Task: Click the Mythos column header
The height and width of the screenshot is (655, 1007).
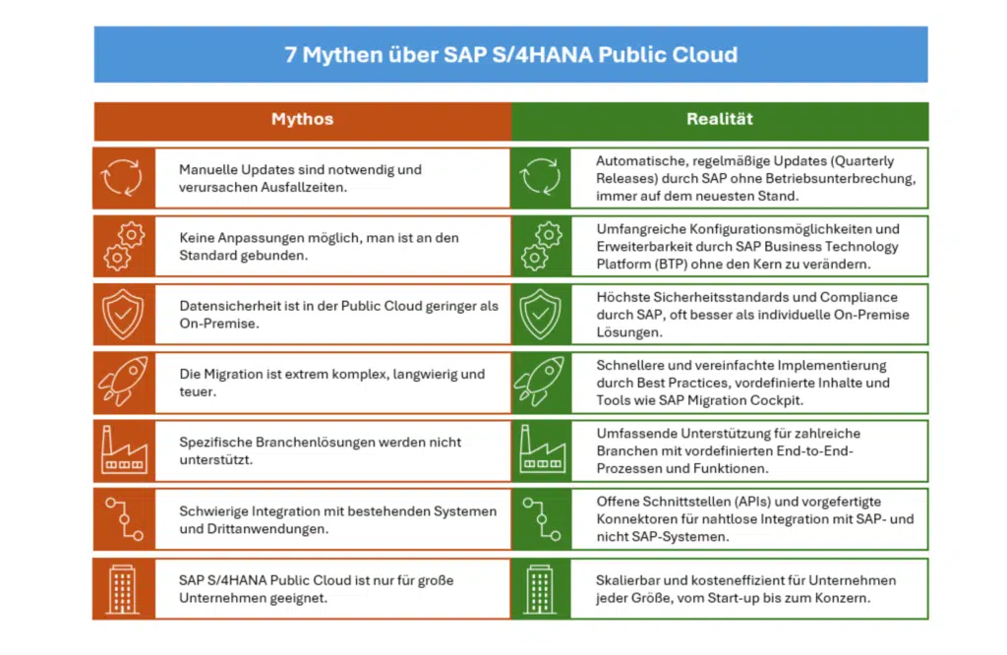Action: pyautogui.click(x=302, y=119)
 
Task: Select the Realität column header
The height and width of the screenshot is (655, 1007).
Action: pyautogui.click(x=719, y=119)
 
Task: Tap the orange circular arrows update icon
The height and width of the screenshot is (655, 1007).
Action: pyautogui.click(x=123, y=177)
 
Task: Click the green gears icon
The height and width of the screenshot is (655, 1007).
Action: pyautogui.click(x=542, y=246)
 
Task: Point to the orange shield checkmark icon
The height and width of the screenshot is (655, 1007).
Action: pyautogui.click(x=123, y=314)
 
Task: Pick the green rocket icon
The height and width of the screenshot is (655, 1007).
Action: pyautogui.click(x=540, y=382)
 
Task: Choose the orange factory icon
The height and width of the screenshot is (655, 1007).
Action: pyautogui.click(x=124, y=450)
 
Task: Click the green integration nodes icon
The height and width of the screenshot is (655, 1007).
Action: pyautogui.click(x=542, y=519)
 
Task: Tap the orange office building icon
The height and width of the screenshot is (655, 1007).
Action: pyautogui.click(x=123, y=589)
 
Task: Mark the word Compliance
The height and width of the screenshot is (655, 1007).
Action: pyautogui.click(x=859, y=297)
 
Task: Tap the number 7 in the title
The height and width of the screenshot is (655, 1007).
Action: pyautogui.click(x=290, y=55)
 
